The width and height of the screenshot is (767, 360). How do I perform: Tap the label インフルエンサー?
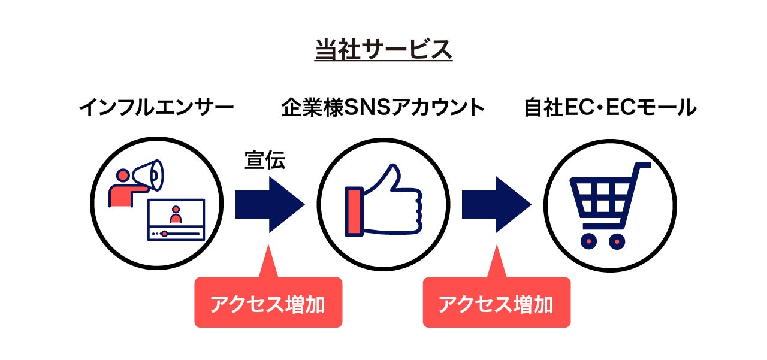156,108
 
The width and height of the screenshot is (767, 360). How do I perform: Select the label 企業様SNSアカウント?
383,108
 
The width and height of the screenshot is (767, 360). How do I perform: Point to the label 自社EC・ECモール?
610,108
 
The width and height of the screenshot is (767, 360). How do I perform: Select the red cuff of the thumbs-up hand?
354,211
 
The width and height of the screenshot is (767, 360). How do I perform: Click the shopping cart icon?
609,204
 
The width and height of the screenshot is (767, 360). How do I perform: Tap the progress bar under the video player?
176,233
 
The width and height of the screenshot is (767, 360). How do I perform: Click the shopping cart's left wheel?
589,241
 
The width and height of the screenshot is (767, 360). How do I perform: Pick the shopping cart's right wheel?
617,241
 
